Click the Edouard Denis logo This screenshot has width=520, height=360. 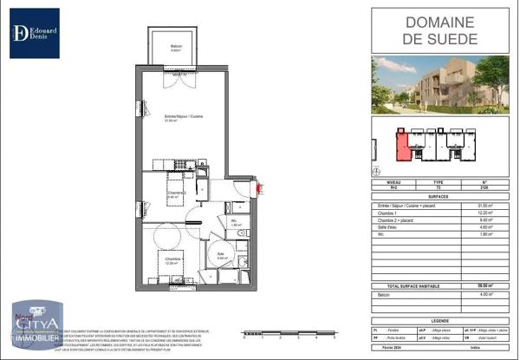pyautogui.click(x=35, y=33)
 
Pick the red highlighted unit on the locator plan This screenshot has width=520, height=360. pyautogui.click(x=401, y=145)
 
